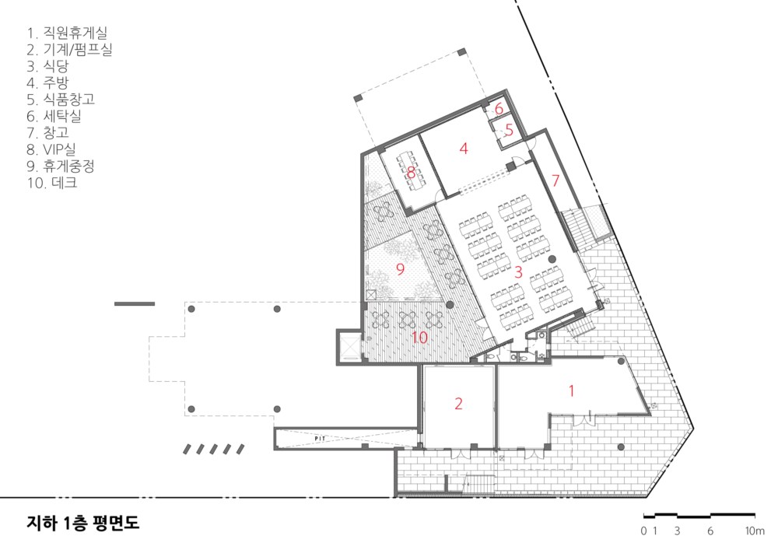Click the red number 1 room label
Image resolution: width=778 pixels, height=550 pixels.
point(571,391)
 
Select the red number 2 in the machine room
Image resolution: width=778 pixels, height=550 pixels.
point(458,404)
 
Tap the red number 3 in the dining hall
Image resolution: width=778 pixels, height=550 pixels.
point(518,271)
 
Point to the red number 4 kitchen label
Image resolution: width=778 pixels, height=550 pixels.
point(464,149)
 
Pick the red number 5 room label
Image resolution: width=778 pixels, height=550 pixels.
point(509,130)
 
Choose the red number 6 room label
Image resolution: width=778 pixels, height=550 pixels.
point(499,108)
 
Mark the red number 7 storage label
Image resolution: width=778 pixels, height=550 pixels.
point(555,180)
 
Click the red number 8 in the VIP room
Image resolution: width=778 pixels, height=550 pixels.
point(411,173)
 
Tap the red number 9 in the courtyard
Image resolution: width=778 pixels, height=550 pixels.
point(401,269)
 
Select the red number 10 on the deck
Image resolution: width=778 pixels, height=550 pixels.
point(419,338)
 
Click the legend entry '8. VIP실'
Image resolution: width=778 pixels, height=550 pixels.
point(51,149)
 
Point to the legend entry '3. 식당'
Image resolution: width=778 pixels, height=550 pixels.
point(47,66)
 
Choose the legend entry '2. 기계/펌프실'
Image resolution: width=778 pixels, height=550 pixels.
point(69,49)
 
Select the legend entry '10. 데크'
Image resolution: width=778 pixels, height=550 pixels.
point(52,183)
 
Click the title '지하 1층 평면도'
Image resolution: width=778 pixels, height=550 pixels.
point(83,523)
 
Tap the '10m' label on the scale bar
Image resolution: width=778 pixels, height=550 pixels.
point(754,531)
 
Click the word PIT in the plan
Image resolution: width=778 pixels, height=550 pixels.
point(320,439)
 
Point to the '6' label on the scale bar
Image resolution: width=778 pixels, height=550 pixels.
point(710,531)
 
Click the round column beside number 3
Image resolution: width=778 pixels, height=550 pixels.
point(552,259)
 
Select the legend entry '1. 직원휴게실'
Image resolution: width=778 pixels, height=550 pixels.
point(67,33)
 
